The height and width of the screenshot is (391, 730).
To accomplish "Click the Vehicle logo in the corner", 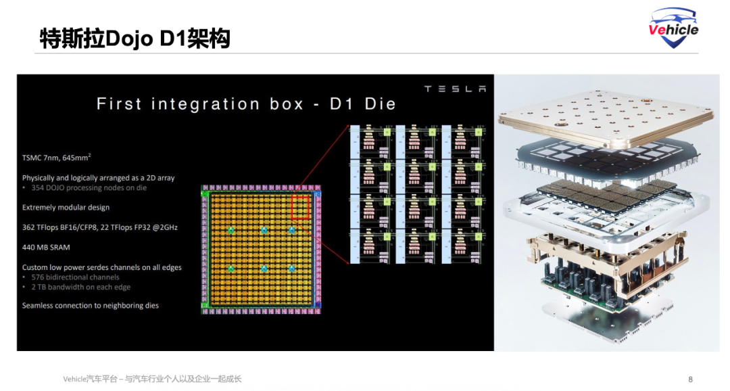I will click(x=673, y=28).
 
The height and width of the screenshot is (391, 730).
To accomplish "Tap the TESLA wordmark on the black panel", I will click(x=454, y=89).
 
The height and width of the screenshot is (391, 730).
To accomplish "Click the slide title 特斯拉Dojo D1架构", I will click(x=135, y=39).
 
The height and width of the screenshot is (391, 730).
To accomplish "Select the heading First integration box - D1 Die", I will click(x=246, y=104).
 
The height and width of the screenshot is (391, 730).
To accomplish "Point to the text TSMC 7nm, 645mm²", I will click(x=57, y=158).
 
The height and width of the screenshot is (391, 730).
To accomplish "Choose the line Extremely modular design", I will click(x=66, y=207).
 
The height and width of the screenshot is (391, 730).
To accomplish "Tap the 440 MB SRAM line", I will click(x=46, y=247).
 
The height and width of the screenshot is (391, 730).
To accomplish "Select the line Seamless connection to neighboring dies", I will click(x=91, y=306).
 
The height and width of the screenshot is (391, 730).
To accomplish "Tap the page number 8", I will click(x=690, y=379).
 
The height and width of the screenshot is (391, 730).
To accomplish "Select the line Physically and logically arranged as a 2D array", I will click(x=98, y=178).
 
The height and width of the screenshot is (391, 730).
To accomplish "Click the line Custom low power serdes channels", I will click(x=101, y=267).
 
